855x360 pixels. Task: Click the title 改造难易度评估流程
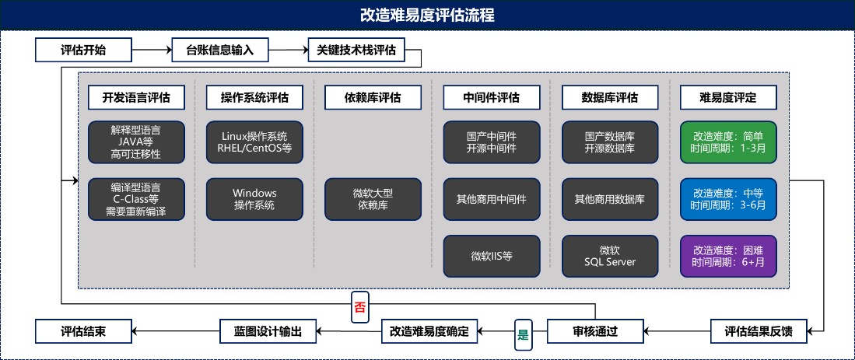pos(427,15)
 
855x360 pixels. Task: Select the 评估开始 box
pos(83,51)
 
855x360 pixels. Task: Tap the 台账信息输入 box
pos(220,51)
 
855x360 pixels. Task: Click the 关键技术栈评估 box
pos(356,51)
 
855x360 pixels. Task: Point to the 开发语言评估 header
pos(136,97)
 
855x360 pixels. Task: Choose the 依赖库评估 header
pos(373,97)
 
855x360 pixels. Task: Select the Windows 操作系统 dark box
pos(254,199)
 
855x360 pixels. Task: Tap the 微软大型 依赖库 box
pos(373,199)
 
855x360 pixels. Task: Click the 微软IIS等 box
pos(491,256)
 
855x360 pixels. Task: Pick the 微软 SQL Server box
pos(609,256)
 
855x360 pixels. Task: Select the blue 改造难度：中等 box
pos(728,199)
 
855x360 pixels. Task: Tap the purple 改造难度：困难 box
pos(728,256)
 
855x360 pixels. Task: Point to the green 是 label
pos(523,337)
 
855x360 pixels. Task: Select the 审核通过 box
pos(594,331)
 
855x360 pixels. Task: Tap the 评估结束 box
pos(83,331)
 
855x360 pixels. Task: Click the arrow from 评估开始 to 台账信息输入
pos(151,51)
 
